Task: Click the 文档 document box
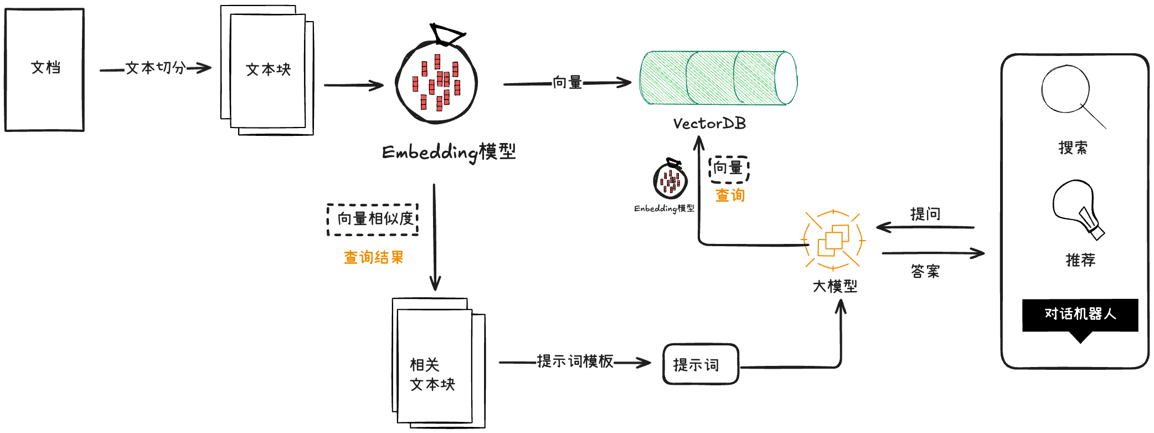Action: [44, 69]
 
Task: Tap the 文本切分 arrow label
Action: [155, 68]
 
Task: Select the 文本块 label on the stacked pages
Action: [268, 69]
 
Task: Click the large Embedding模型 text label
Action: [449, 152]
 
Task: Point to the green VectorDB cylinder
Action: [718, 78]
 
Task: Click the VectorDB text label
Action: [709, 123]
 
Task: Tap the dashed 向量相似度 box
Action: [373, 220]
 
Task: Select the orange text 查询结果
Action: [373, 257]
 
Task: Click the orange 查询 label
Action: [730, 195]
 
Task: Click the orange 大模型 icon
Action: [833, 241]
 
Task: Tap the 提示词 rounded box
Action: [700, 364]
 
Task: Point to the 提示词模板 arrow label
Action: [575, 361]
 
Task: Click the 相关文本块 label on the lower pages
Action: [432, 374]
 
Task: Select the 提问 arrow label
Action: [925, 214]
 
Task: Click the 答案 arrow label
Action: [925, 271]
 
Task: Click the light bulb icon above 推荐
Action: [1077, 208]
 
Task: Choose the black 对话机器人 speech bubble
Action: [1080, 315]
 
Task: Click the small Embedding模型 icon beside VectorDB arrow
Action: [671, 179]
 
